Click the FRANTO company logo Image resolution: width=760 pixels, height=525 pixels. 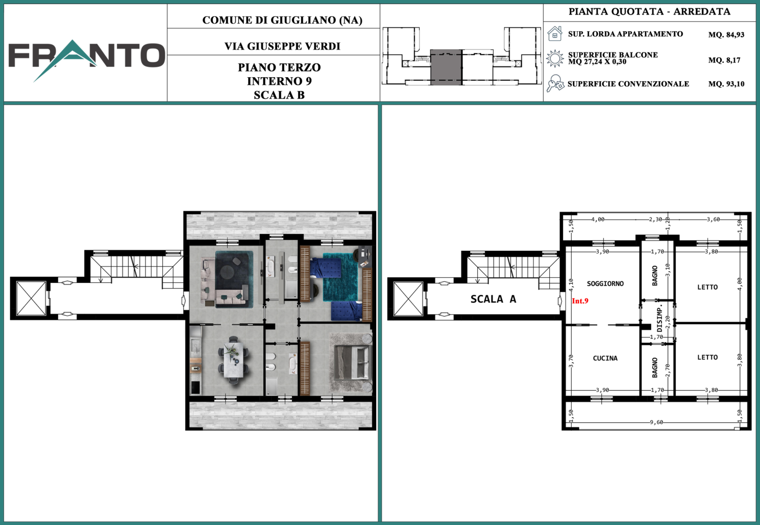tap(87, 58)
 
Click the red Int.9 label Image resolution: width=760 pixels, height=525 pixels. tap(580, 301)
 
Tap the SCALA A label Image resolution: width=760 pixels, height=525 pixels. tap(494, 299)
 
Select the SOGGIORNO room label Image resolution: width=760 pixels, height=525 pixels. tap(605, 283)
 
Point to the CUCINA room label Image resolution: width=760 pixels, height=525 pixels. tap(605, 359)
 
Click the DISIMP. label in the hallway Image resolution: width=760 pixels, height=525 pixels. tap(659, 318)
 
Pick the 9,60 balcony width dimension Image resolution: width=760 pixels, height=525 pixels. tap(656, 422)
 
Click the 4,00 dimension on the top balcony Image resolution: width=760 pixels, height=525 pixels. tap(598, 220)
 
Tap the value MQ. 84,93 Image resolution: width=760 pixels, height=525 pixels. tap(726, 35)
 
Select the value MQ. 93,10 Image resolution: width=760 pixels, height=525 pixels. tap(726, 84)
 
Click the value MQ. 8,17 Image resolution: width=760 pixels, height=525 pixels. tap(724, 60)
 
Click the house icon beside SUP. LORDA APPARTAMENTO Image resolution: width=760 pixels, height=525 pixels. tap(555, 34)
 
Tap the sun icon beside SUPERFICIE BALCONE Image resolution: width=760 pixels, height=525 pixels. tap(555, 58)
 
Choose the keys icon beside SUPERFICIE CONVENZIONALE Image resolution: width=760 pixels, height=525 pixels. tap(555, 84)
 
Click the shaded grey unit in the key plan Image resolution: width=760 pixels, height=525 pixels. tap(446, 67)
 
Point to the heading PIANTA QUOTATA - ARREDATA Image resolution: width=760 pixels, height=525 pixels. tap(649, 12)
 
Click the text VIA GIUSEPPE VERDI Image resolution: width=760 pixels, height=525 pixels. tap(282, 46)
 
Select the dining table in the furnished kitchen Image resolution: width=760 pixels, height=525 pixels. tap(233, 360)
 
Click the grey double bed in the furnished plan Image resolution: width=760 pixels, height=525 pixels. tap(352, 362)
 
